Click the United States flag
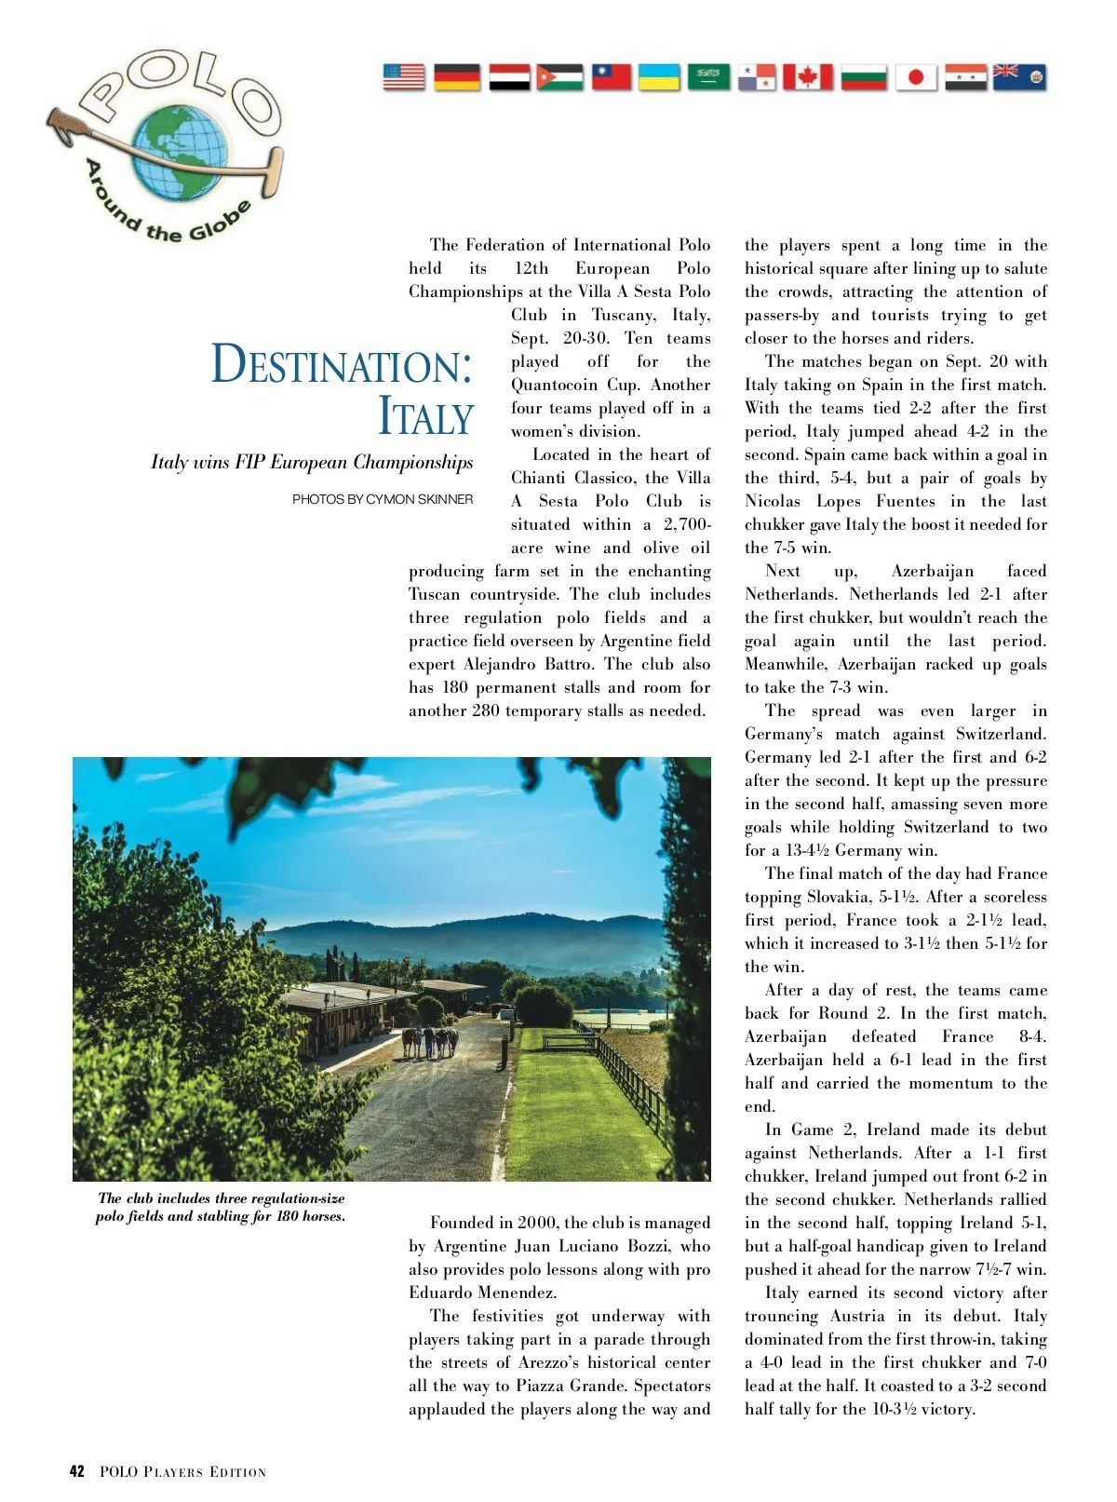coord(403,77)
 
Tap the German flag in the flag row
coord(457,77)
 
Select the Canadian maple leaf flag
coord(807,77)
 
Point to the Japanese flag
coord(916,77)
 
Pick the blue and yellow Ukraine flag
coord(659,77)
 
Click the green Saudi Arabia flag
coord(708,77)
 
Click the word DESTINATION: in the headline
coord(342,365)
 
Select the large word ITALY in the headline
coord(425,415)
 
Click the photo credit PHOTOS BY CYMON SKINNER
coord(383,499)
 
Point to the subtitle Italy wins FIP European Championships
coord(312,463)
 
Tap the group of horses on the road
coord(430,1041)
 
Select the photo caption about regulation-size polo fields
coord(221,1207)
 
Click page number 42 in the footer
coord(77,1472)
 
